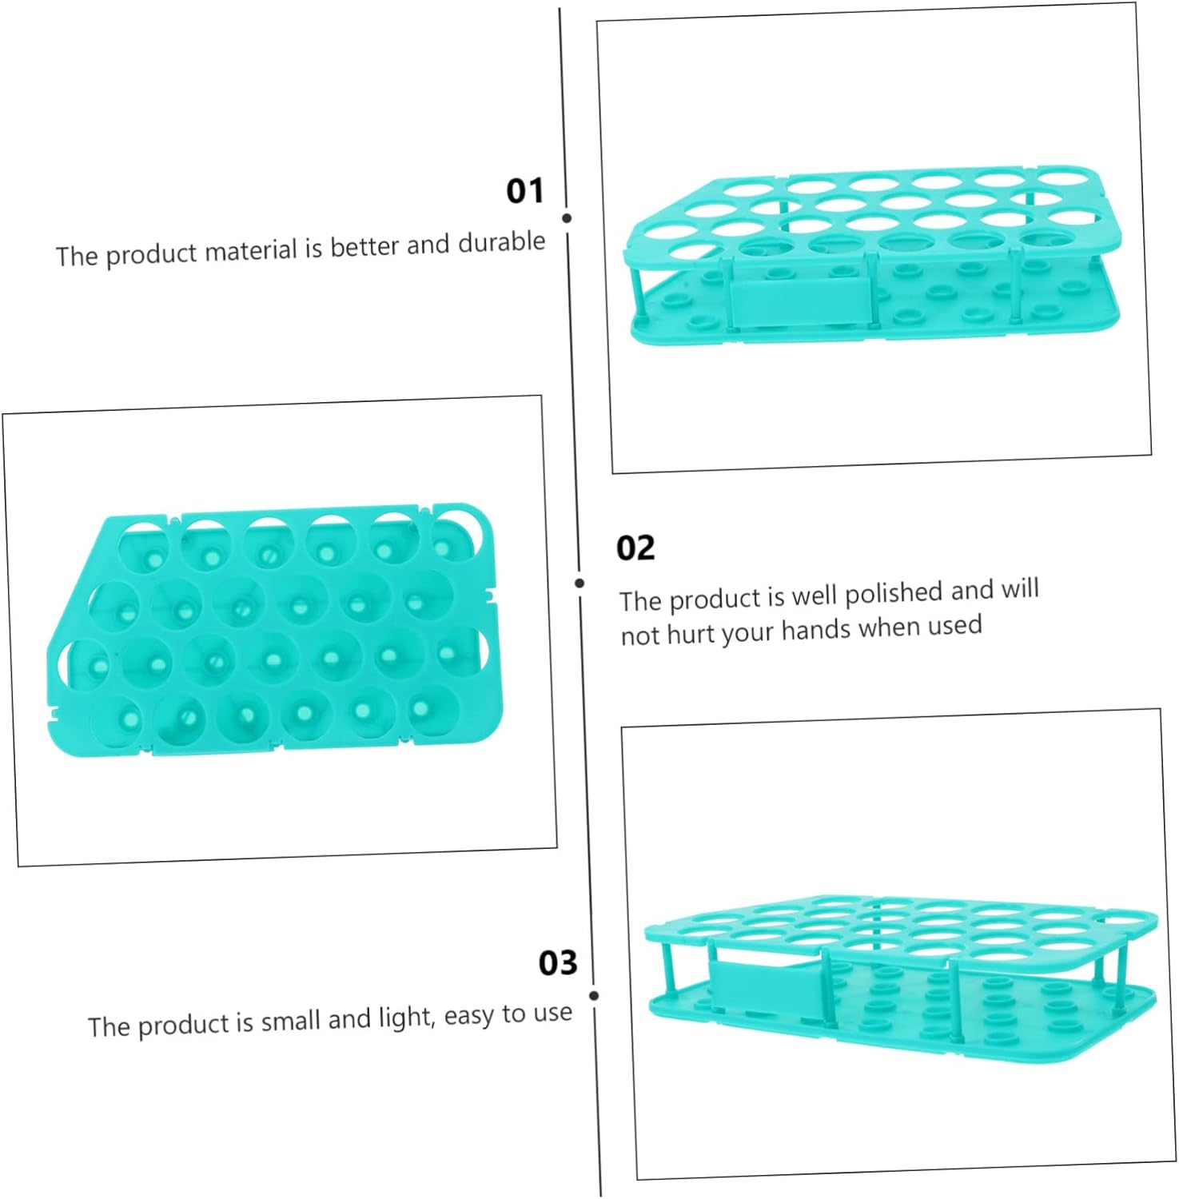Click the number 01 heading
(524, 191)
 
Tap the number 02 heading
(635, 548)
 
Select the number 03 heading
(557, 963)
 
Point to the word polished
(894, 594)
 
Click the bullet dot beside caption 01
(567, 218)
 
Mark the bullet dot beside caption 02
(580, 584)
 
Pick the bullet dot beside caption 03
(594, 995)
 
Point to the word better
(364, 246)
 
